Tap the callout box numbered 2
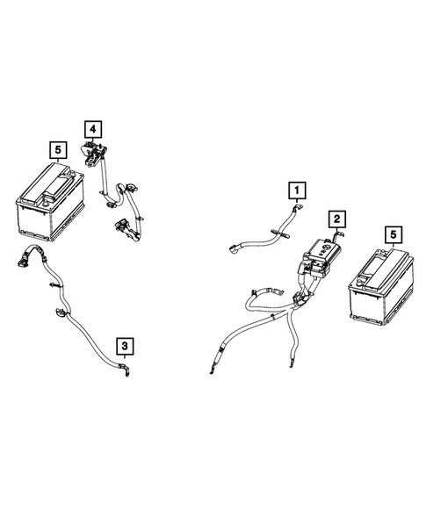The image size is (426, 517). pyautogui.click(x=336, y=219)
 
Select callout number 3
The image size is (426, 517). pyautogui.click(x=126, y=346)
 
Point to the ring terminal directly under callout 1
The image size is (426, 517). pyautogui.click(x=297, y=209)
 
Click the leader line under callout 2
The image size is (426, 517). pyautogui.click(x=337, y=233)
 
